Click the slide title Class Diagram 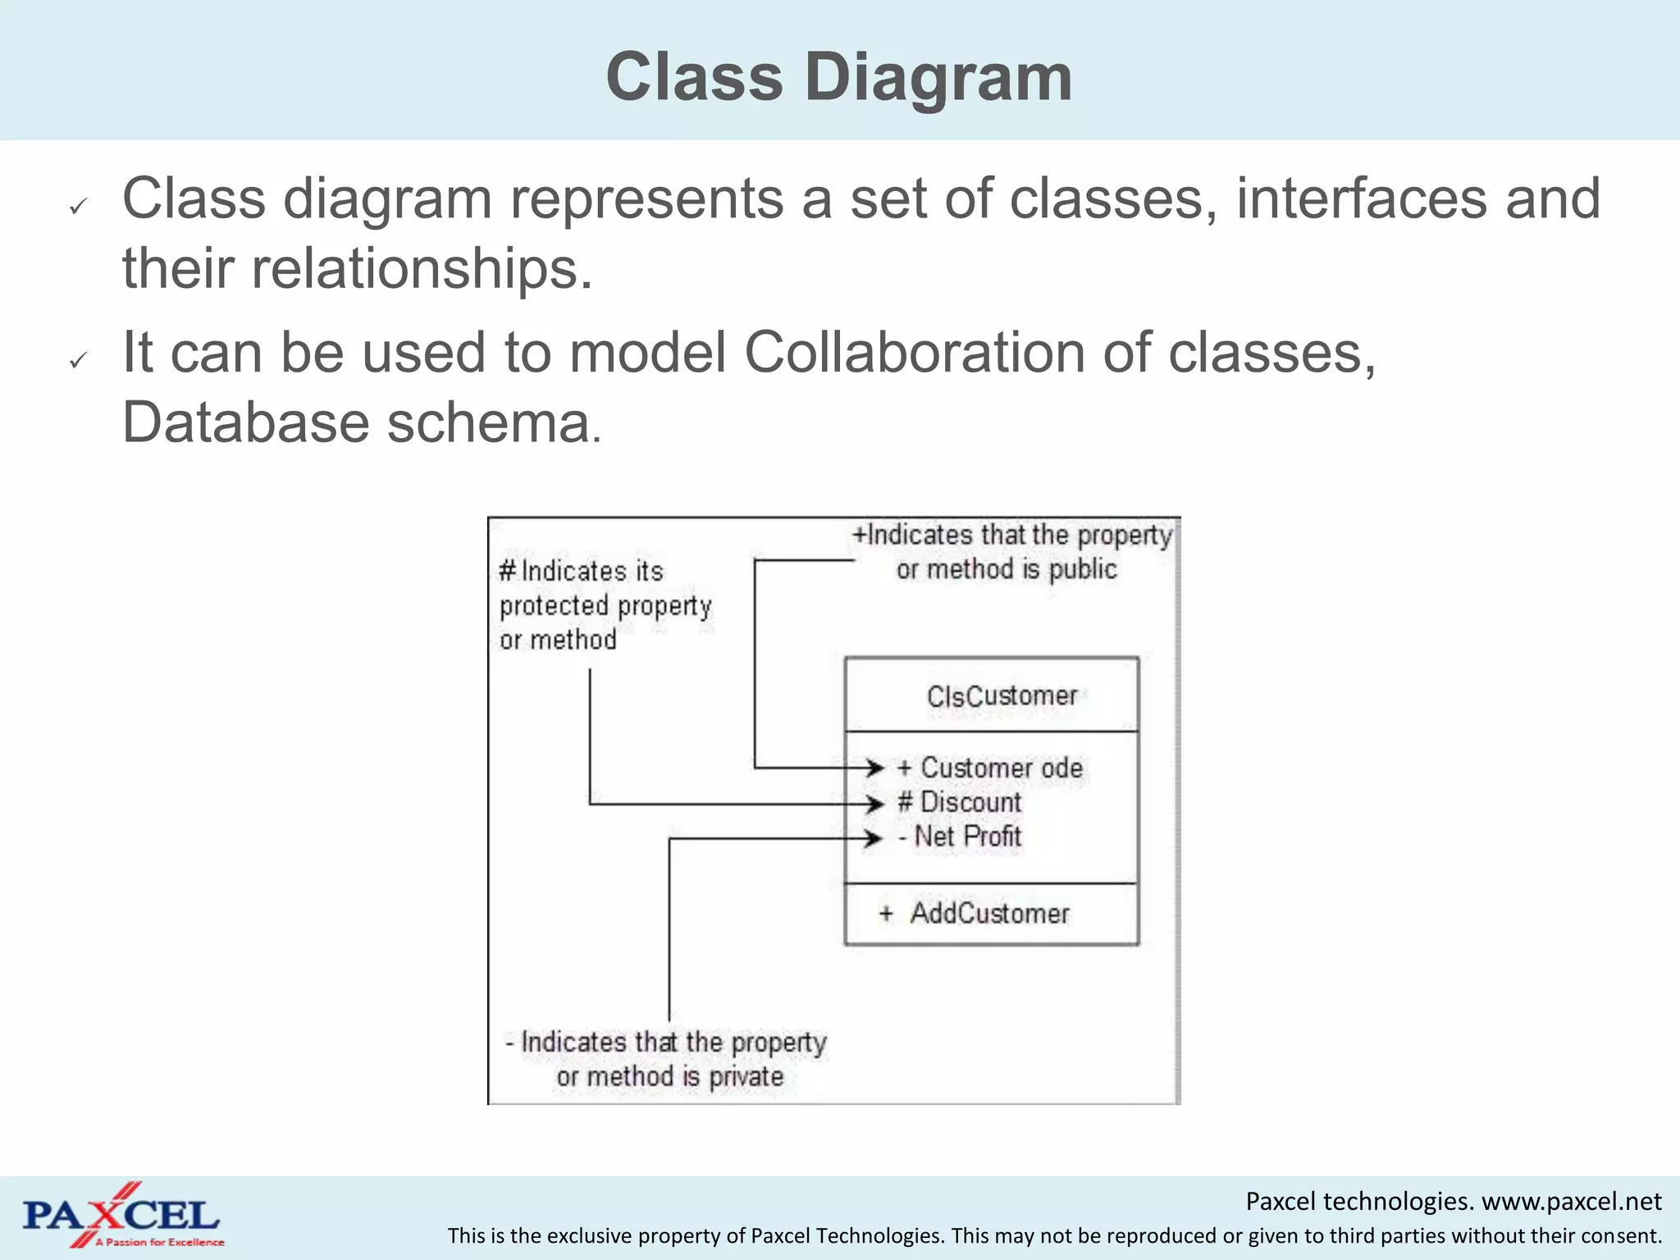pyautogui.click(x=838, y=77)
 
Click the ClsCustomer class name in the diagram pyautogui.click(x=1002, y=696)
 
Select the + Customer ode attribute pyautogui.click(x=990, y=768)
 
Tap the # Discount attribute pyautogui.click(x=960, y=802)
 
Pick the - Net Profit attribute pyautogui.click(x=960, y=837)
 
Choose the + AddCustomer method pyautogui.click(x=975, y=913)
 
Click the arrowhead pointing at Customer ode pyautogui.click(x=874, y=768)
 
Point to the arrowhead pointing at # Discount pyautogui.click(x=874, y=804)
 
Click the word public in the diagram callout pyautogui.click(x=1083, y=569)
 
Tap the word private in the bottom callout pyautogui.click(x=746, y=1076)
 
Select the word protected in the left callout pyautogui.click(x=554, y=606)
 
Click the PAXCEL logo pyautogui.click(x=121, y=1216)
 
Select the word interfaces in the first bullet pyautogui.click(x=1362, y=199)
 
